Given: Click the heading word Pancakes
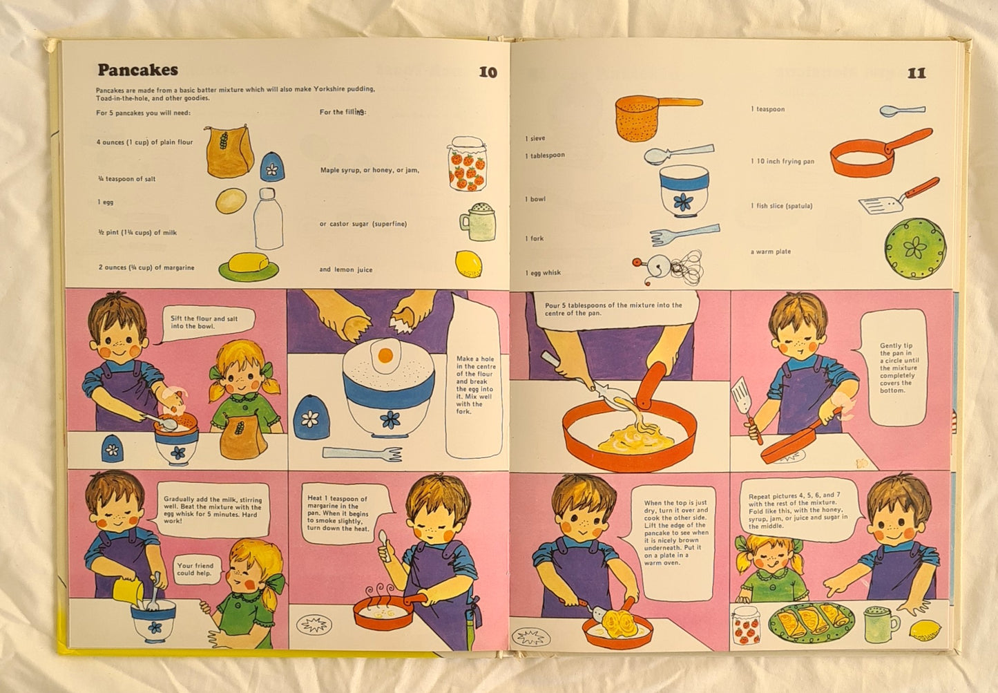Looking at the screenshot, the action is point(137,70).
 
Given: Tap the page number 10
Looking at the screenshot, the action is point(488,72).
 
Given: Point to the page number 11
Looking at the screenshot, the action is point(917,73).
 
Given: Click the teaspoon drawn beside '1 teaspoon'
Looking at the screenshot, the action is point(902,111).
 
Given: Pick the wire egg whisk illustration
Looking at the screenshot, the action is point(669,267).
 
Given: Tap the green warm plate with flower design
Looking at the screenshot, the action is point(915,248).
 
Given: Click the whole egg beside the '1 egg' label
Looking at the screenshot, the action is point(231,200).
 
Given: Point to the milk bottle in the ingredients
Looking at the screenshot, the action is point(268,218).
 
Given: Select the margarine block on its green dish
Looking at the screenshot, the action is point(249,267).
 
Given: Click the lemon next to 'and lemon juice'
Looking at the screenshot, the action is point(468,264).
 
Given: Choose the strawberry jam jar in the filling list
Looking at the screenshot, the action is point(467,164).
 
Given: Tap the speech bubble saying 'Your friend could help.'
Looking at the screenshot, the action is point(196,569).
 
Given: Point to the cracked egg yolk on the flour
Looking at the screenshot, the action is point(385,355).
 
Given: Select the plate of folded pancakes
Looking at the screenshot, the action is point(812,623).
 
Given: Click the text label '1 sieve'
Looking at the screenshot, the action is point(535,139).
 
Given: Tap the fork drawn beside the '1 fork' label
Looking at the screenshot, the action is point(684,234).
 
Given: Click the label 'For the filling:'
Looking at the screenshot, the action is point(343,112).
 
